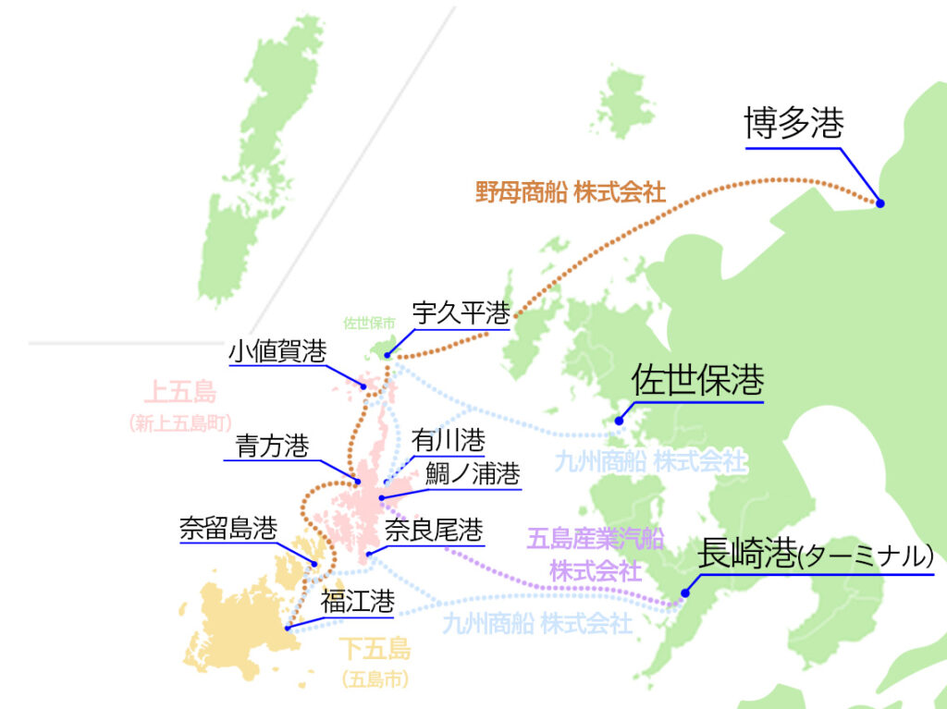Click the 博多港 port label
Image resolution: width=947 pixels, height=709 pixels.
pos(794,125)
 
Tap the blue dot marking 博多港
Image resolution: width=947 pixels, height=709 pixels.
pos(879,203)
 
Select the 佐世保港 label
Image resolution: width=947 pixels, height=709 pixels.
pos(697,381)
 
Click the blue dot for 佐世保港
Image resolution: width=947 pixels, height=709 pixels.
pos(621,421)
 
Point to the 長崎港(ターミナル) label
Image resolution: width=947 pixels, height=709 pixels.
pos(814,554)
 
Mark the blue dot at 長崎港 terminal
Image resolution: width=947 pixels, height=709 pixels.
pos(684,593)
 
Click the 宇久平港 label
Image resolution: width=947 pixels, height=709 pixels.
pos(461,312)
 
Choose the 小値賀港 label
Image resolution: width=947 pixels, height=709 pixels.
pos(277,351)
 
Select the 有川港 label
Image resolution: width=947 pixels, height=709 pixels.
pos(448,440)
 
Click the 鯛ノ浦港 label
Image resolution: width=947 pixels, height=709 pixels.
pos(473,474)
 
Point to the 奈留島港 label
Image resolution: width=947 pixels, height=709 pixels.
pos(228,529)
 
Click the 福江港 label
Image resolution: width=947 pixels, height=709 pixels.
pos(357,602)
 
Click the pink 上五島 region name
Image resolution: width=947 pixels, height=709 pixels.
pos(179,393)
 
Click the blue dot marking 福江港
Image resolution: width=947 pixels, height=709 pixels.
pos(288,629)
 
